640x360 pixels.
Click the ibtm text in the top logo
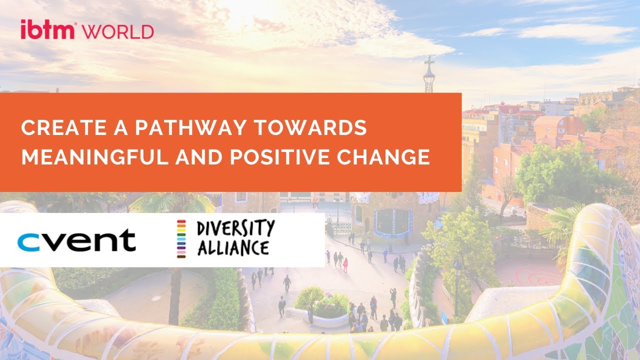[47, 29]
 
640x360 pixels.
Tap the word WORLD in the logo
[118, 31]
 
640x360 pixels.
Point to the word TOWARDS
[310, 127]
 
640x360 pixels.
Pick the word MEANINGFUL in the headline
[95, 156]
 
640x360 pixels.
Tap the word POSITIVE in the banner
[279, 156]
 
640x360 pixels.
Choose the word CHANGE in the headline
[383, 156]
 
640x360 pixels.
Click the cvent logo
[76, 240]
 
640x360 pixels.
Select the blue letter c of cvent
[28, 242]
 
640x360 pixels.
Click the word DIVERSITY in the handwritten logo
[235, 228]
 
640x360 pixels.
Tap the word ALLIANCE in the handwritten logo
[233, 247]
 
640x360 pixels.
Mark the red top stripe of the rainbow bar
[181, 221]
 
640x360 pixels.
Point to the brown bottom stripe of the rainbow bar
[181, 256]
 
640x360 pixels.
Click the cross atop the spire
[429, 61]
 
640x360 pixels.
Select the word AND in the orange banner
[199, 156]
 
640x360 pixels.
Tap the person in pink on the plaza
[345, 265]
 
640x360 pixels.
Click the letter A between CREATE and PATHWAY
[120, 127]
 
